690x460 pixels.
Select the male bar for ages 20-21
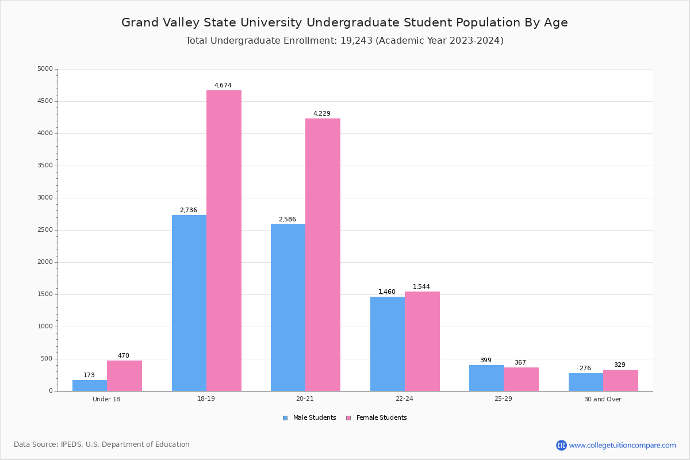click(288, 308)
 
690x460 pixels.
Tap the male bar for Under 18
click(90, 385)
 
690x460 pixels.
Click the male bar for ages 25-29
click(486, 378)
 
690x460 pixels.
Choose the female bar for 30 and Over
click(620, 380)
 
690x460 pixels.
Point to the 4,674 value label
click(223, 86)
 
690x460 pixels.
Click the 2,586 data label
click(287, 220)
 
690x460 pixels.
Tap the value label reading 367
click(520, 363)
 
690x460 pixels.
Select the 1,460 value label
click(387, 292)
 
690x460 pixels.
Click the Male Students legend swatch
click(285, 418)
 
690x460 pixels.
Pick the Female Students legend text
click(381, 418)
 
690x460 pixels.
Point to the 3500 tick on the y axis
click(45, 166)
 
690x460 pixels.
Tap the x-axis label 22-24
click(404, 399)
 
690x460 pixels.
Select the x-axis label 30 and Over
click(603, 399)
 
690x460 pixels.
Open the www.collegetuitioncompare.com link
click(622, 445)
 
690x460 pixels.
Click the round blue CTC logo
click(561, 445)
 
